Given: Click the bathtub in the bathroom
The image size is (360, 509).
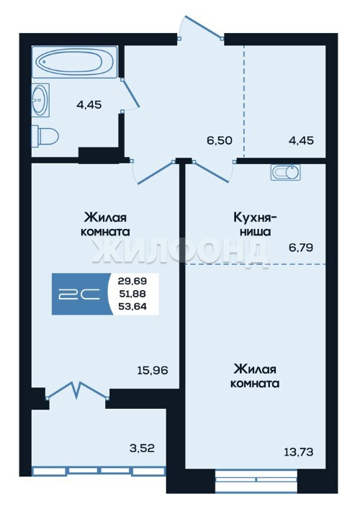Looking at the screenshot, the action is tap(74, 62).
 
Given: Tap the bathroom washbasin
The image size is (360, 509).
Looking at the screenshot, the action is tap(40, 99).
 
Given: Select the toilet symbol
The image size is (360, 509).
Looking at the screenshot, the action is tap(45, 136).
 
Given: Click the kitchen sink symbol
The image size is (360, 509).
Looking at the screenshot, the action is tap(286, 172).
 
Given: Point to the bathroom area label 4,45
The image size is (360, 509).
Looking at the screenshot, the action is tap(89, 105).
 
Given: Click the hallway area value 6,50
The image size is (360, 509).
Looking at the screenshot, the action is tap(220, 140).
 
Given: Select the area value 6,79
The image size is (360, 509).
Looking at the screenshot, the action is tap(301, 248).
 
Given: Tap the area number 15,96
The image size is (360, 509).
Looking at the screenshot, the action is tap(153, 370).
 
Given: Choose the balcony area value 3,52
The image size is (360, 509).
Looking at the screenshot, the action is tap(142, 449).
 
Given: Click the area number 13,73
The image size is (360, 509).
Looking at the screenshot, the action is tap(299, 452).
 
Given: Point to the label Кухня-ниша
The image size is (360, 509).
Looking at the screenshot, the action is tap(255, 225).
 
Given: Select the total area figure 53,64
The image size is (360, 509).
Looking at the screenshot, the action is tap(132, 306).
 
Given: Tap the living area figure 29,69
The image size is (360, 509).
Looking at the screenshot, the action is tap(132, 281).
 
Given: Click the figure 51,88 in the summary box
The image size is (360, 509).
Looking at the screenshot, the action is tap(132, 294).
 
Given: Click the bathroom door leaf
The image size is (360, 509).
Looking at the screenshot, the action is tap(130, 93).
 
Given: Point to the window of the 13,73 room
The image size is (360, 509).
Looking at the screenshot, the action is tap(256, 479).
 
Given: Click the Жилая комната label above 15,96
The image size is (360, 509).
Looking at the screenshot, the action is tap(105, 225).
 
